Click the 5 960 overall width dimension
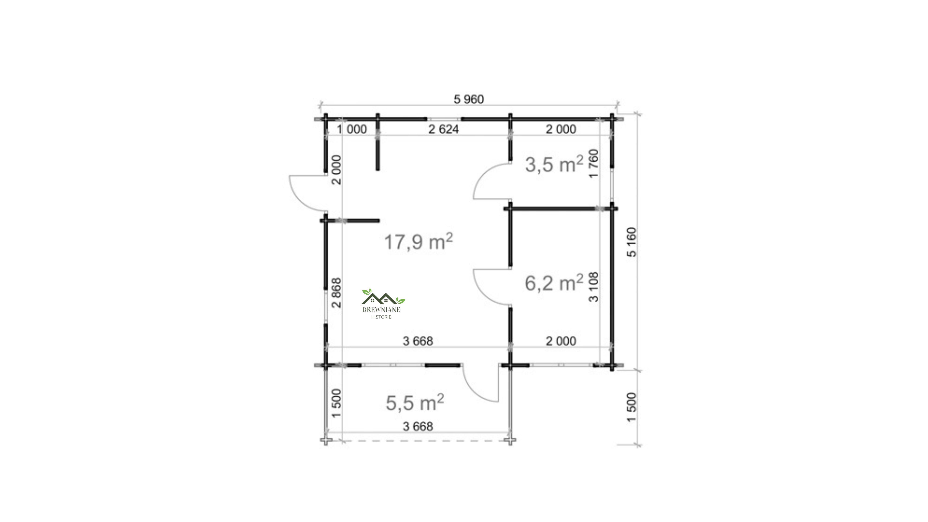point(468,99)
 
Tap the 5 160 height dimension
point(632,242)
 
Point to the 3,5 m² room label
point(554,165)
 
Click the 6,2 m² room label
point(554,283)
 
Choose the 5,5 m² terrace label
point(415,402)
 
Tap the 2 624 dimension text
point(443,129)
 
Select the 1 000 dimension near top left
point(352,129)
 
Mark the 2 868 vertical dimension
point(336,293)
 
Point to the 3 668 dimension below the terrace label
point(418,427)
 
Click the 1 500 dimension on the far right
point(632,407)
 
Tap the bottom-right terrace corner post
point(510,440)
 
